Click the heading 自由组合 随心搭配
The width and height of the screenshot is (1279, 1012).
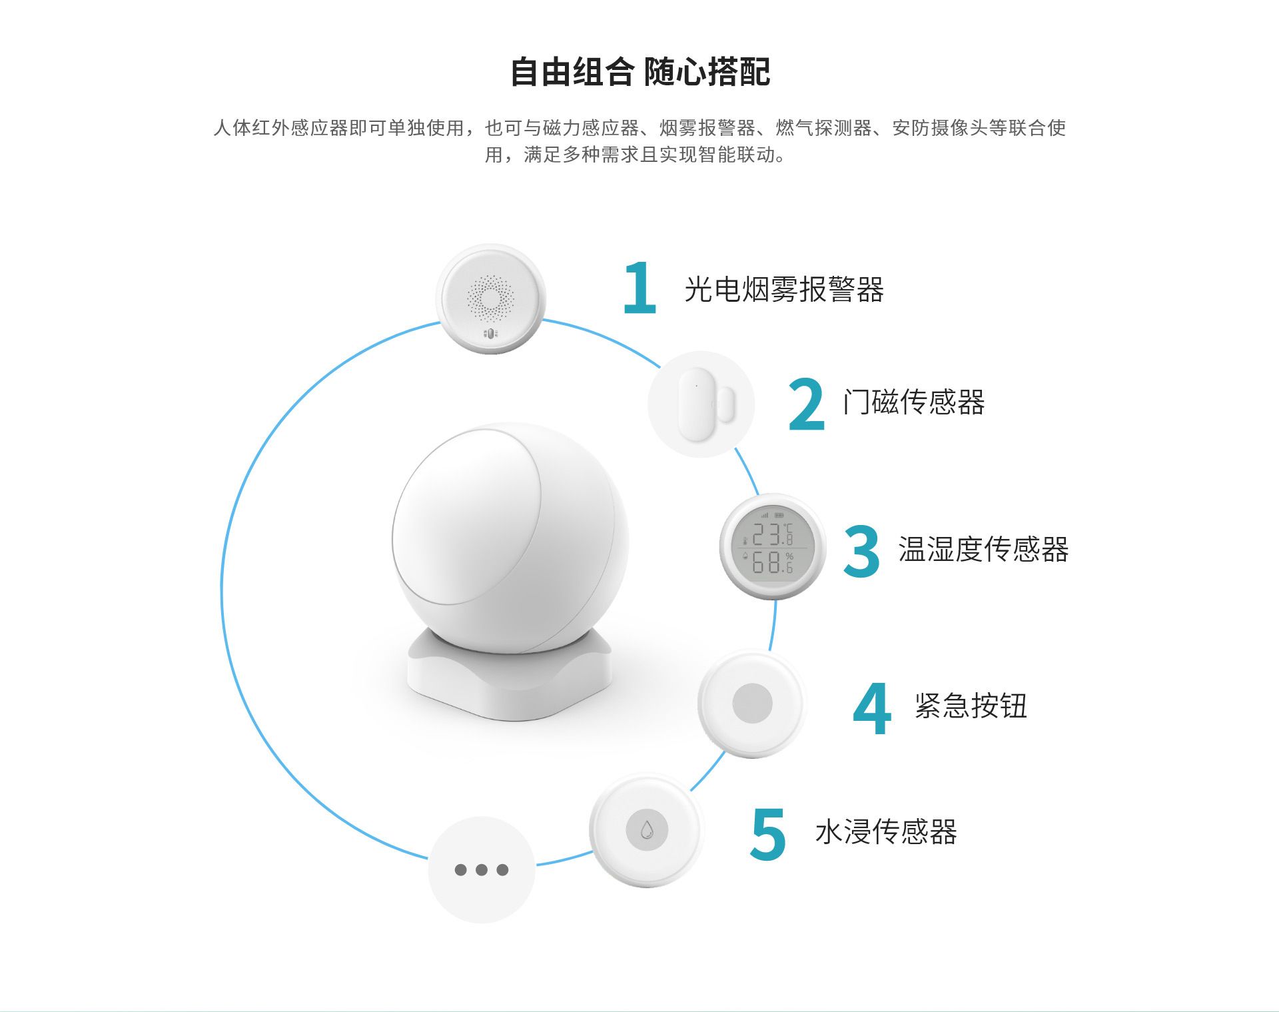coord(639,72)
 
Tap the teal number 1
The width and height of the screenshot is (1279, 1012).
coord(640,287)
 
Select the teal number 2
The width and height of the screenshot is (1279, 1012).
coord(806,404)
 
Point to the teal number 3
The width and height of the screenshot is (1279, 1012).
coord(861,551)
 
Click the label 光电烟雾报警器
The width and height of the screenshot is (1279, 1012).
coord(784,290)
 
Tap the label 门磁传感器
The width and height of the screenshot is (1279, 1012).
coord(913,402)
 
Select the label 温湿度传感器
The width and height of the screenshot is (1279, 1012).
coord(983,550)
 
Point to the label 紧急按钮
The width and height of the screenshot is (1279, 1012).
coord(971,706)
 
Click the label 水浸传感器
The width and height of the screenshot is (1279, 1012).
coord(886,831)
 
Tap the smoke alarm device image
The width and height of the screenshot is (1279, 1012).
coord(491,299)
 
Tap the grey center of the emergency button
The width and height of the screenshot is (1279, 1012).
coord(752,703)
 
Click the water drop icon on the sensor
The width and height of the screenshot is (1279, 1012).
coord(646,830)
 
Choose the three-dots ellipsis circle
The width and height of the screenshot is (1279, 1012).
coord(482,869)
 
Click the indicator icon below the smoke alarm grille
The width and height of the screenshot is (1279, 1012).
coord(490,333)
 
